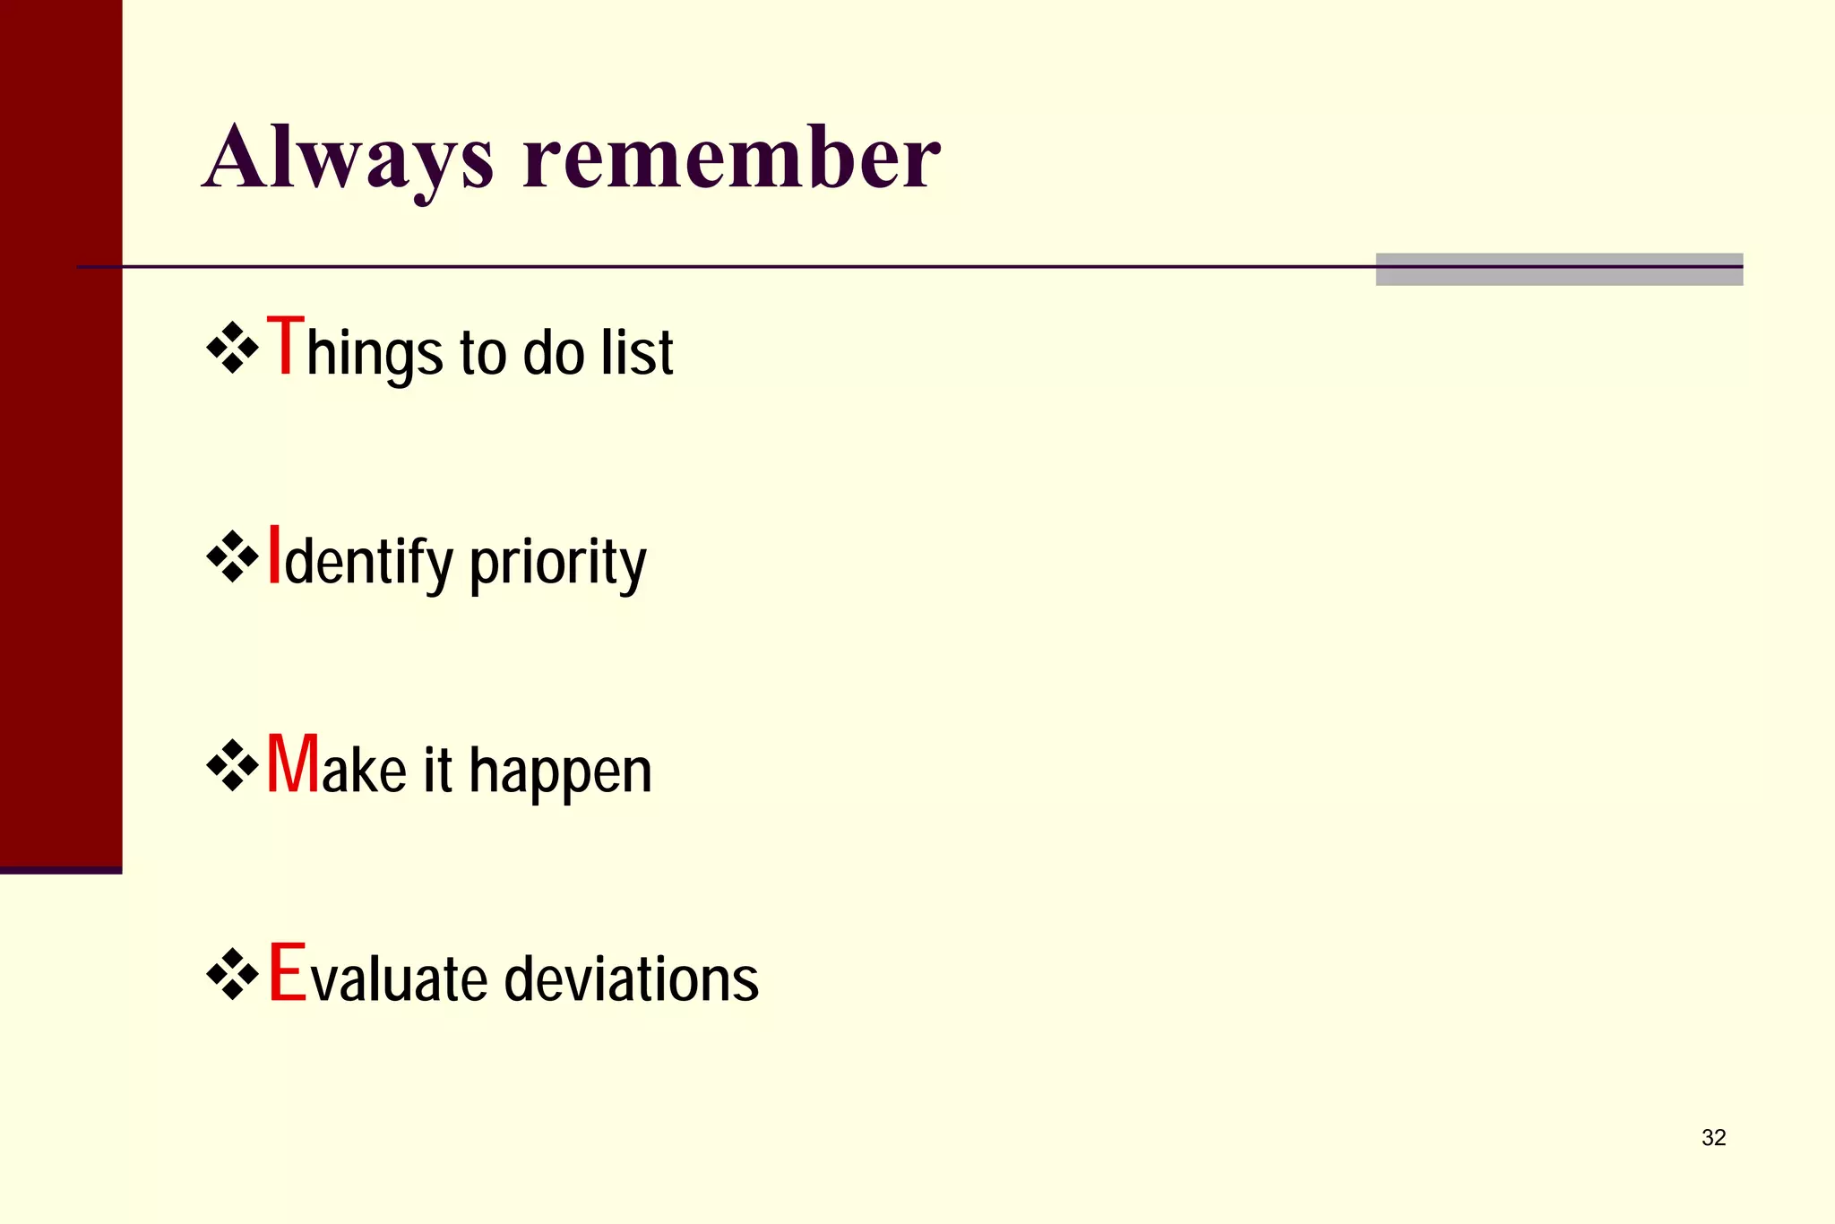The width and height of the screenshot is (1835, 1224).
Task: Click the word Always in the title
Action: [x=348, y=159]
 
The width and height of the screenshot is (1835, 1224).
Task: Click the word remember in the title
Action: [x=731, y=159]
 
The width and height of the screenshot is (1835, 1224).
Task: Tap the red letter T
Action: [x=286, y=348]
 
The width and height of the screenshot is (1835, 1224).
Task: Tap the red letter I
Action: [x=275, y=556]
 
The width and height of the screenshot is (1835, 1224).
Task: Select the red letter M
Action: [x=293, y=764]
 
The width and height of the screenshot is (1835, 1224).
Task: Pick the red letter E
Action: [x=288, y=973]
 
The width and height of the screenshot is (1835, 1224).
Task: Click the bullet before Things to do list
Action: [x=232, y=348]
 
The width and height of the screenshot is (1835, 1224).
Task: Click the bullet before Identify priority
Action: [x=232, y=557]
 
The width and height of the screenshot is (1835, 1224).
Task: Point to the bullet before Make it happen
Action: [x=232, y=765]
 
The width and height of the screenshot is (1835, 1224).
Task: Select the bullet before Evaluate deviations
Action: [x=232, y=974]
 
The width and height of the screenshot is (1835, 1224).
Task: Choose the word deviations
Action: [x=631, y=978]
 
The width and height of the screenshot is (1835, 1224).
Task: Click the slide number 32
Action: [x=1713, y=1138]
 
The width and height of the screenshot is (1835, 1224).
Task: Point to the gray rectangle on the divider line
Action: [x=1559, y=270]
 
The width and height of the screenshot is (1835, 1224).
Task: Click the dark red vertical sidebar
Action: [x=61, y=430]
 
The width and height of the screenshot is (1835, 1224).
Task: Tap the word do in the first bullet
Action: [x=553, y=352]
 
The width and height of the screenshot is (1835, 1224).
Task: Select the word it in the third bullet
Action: [x=437, y=771]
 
